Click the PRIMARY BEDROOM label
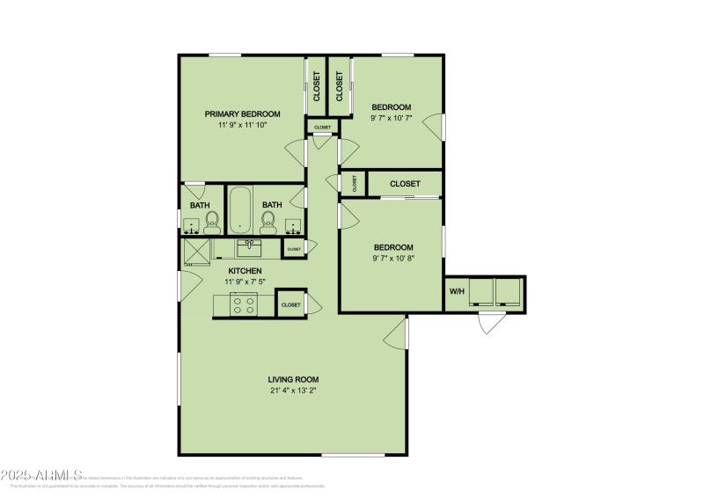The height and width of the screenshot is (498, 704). (x=242, y=114)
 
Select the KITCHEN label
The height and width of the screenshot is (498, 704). (x=245, y=270)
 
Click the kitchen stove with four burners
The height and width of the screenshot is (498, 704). (x=243, y=304)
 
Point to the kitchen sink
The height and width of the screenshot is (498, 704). (x=249, y=245)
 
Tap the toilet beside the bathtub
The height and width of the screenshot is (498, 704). (x=268, y=223)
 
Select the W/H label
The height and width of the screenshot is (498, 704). (x=457, y=291)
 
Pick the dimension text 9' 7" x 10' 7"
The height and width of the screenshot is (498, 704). (x=391, y=118)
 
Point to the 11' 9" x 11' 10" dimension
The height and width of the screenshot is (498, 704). (x=242, y=125)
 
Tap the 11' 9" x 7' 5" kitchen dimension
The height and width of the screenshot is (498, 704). (x=245, y=282)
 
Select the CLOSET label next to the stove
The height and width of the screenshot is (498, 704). (x=290, y=304)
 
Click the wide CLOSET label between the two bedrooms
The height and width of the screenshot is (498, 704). (x=404, y=184)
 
